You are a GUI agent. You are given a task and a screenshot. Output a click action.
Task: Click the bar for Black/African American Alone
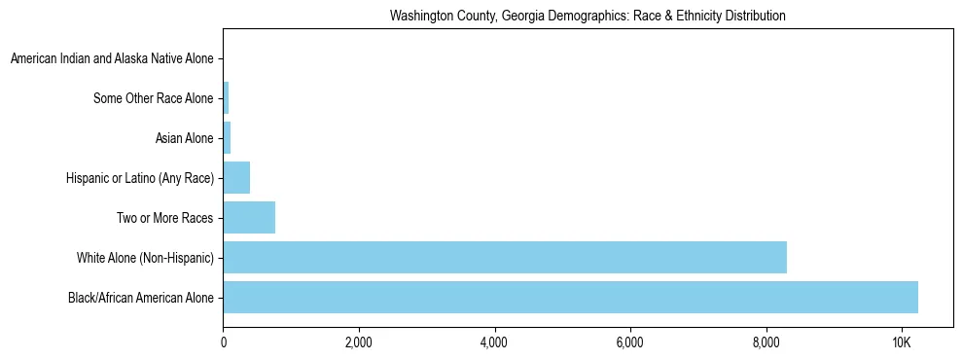570,298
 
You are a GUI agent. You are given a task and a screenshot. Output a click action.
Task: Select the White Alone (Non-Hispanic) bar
505,258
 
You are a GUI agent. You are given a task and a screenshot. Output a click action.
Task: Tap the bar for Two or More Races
249,218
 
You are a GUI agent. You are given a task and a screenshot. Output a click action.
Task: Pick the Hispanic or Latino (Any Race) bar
236,178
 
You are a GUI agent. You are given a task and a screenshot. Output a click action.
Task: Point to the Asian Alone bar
227,138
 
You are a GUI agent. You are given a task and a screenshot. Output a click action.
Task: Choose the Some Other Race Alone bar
226,98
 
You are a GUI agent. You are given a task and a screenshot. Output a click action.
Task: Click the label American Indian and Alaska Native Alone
112,59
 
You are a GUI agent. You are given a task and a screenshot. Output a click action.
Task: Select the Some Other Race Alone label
153,98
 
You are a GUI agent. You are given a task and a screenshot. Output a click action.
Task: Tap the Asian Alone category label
184,138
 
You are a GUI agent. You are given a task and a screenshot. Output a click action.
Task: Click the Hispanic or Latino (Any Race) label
139,178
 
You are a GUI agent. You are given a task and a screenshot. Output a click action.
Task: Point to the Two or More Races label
164,218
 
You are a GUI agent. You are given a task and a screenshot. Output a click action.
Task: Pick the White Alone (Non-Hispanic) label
144,258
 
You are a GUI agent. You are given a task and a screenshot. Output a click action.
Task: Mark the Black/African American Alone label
140,298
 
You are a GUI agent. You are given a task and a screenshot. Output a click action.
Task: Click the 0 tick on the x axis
224,342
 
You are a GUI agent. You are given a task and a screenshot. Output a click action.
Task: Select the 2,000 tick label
359,342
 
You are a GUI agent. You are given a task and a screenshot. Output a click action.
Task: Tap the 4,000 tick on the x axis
494,342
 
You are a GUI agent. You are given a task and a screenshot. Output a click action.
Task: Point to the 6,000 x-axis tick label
630,342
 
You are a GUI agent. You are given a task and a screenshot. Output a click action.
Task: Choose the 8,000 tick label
766,342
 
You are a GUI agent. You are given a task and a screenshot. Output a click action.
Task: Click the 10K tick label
901,342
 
